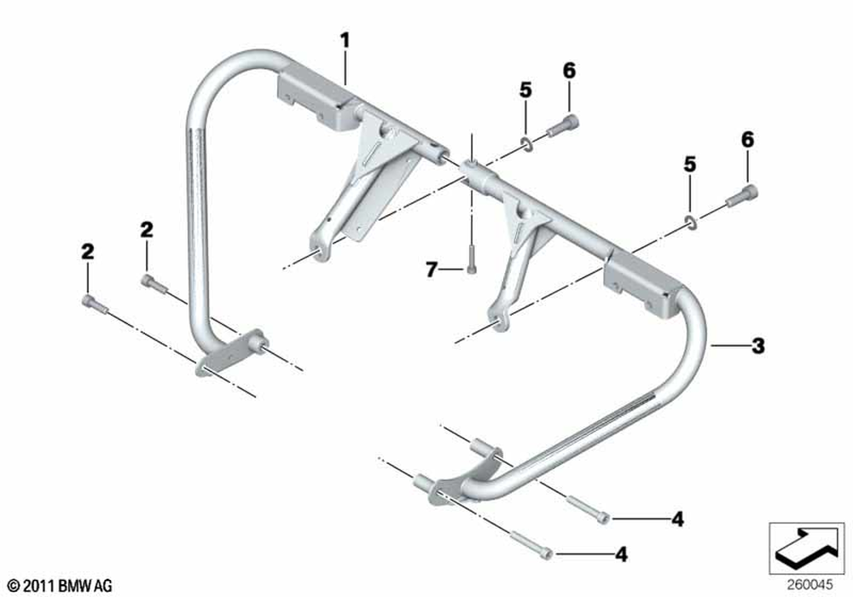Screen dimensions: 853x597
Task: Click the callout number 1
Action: click(345, 40)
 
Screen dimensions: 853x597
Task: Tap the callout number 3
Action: click(757, 345)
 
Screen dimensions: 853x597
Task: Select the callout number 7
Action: click(432, 270)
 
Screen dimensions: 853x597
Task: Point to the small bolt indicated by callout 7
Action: click(471, 258)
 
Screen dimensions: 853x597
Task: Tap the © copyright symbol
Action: click(15, 586)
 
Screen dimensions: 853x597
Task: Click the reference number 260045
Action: click(809, 585)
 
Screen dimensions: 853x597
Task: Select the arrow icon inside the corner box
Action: click(806, 548)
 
